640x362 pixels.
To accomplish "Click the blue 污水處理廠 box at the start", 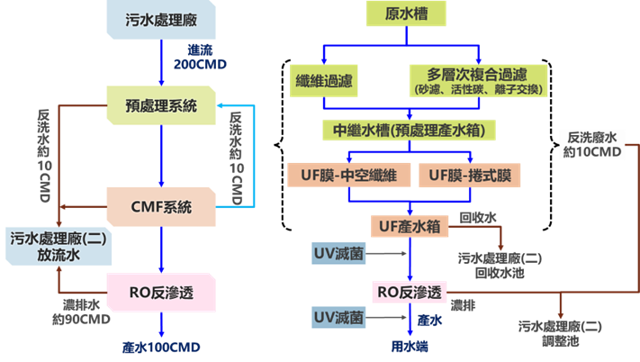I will (160, 19).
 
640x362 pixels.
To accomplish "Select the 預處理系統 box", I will (161, 106).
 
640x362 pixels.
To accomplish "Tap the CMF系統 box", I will (161, 206).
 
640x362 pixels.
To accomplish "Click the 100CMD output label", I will (162, 347).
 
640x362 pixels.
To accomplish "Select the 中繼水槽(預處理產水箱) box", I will (410, 130).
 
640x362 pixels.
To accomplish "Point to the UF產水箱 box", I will (410, 226).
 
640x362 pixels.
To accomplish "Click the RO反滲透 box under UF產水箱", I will (409, 293).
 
